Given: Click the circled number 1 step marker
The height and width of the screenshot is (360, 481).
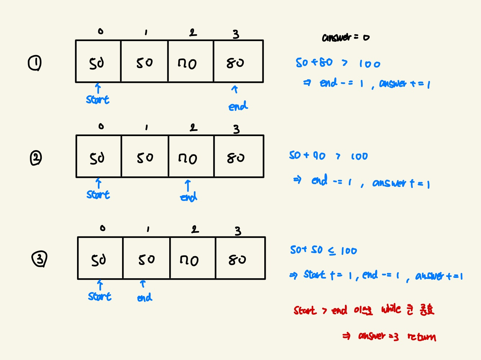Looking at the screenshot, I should click(x=35, y=63).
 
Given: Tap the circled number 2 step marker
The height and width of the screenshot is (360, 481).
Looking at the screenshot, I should click(x=36, y=158).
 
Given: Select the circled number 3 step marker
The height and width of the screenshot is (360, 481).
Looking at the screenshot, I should click(x=39, y=259).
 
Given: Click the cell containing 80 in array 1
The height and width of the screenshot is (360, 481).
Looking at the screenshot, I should click(x=238, y=62).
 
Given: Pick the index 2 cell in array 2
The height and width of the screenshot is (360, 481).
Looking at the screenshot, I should click(x=191, y=157).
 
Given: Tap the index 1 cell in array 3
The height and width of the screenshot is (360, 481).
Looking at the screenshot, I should click(x=146, y=258).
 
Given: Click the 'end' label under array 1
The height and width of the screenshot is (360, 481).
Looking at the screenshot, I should click(x=238, y=106).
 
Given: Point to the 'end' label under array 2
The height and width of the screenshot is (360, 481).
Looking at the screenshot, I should click(x=189, y=197).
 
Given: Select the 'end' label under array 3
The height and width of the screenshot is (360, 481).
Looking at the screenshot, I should click(x=145, y=298).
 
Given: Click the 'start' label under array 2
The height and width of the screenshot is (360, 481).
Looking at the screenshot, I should click(x=98, y=195).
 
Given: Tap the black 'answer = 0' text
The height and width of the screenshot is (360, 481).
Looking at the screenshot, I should click(x=345, y=37).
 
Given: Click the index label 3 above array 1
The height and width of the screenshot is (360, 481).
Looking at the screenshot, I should click(x=236, y=34).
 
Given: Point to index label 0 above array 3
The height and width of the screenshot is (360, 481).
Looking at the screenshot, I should click(x=103, y=228).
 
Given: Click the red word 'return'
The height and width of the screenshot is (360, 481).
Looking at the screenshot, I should click(x=422, y=337).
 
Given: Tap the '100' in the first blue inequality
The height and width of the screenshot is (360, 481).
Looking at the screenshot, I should click(x=369, y=64).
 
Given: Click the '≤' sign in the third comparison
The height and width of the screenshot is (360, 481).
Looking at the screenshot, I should click(x=332, y=251).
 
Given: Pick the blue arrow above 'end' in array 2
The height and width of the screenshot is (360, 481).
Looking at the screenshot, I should click(x=188, y=186).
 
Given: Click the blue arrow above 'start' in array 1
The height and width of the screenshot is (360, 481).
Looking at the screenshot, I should click(x=98, y=88).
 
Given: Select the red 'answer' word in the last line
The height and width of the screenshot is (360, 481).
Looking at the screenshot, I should click(x=372, y=336).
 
